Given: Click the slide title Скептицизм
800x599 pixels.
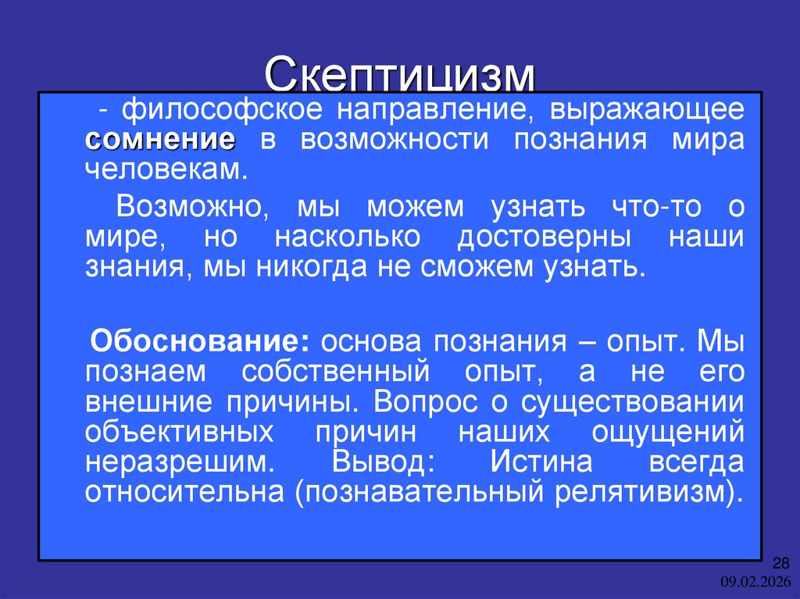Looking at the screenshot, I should coord(400,75).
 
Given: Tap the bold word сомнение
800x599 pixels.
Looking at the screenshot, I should coord(160,141).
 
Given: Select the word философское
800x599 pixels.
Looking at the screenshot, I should coord(205,109).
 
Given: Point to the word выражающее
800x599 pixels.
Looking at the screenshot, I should coord(646,109).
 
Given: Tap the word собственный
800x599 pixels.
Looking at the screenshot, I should coord(337,371).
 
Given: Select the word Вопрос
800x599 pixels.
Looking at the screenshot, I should coord(422,401).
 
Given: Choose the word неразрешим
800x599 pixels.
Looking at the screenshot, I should coord(179,462).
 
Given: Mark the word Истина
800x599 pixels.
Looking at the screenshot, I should coord(541,462).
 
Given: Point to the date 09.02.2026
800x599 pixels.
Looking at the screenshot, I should coord(756,581).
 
